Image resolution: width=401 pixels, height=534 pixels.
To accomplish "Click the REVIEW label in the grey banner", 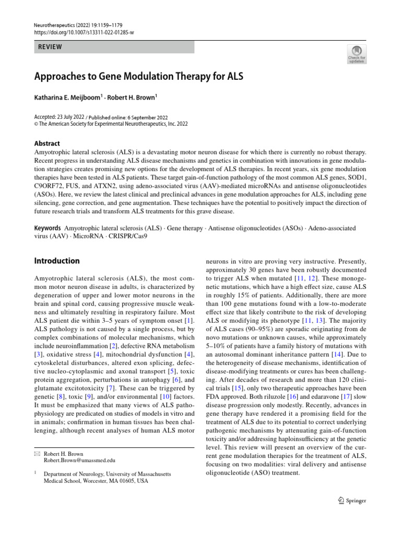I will point(50,47).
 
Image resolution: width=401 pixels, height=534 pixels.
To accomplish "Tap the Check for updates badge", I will point(357,54).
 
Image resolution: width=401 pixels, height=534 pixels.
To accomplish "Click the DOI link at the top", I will point(84,32).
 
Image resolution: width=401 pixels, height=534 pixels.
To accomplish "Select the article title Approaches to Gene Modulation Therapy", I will point(139,77).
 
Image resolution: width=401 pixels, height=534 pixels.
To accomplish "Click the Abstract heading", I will point(47,143).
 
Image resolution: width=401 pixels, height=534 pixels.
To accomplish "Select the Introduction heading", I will point(57,261).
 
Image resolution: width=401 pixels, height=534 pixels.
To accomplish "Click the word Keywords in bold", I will point(47,228).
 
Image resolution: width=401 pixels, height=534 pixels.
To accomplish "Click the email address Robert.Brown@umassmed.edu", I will point(79,460).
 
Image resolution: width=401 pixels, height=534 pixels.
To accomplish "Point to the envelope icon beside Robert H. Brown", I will point(37,454).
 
